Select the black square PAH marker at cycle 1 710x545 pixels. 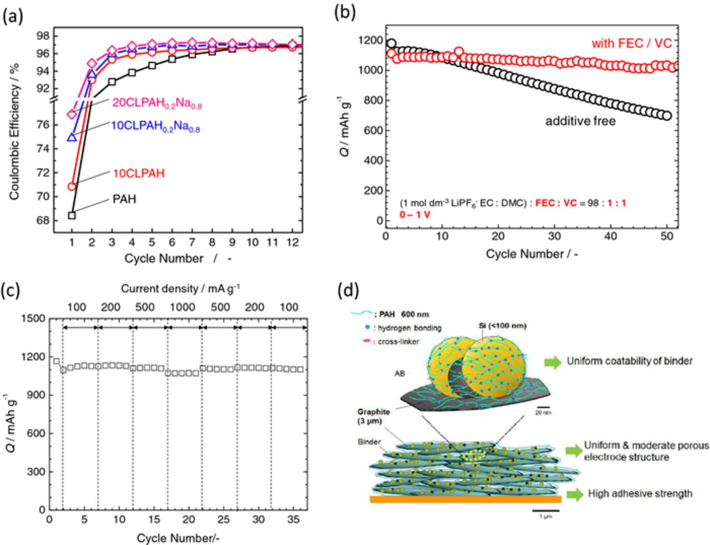click(72, 215)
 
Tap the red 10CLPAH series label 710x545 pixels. click(139, 173)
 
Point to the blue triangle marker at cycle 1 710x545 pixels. click(72, 137)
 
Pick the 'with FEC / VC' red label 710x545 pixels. click(631, 43)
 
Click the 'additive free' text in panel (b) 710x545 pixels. click(580, 120)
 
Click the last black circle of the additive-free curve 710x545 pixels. click(667, 116)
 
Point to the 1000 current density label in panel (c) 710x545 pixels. click(182, 307)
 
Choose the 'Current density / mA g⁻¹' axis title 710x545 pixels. click(180, 288)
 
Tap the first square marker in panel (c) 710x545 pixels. click(56, 361)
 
